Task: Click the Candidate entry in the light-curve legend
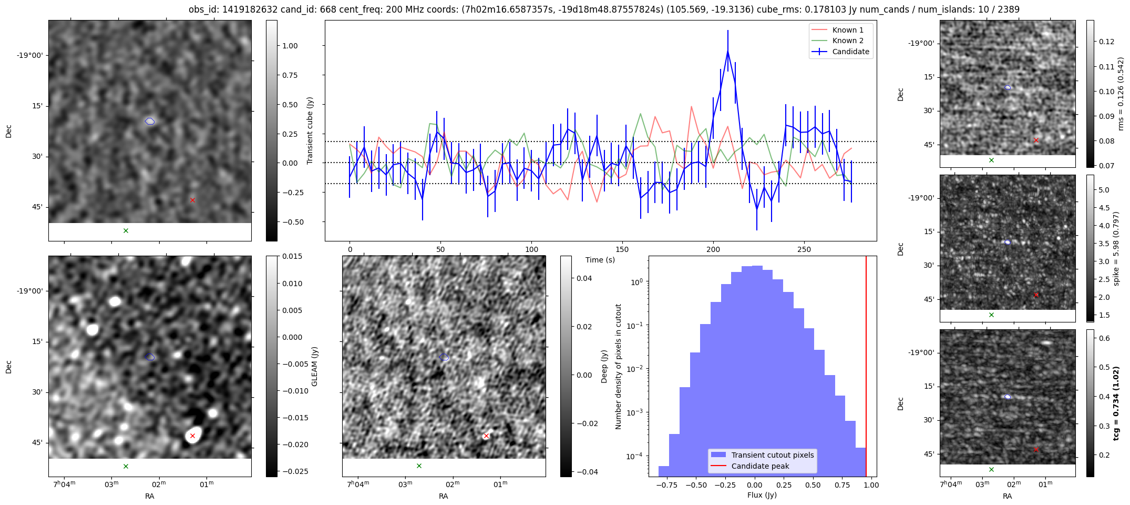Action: tap(850, 52)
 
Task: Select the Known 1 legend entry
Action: tap(847, 30)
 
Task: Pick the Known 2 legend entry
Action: tap(847, 41)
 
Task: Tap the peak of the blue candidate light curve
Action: tap(728, 50)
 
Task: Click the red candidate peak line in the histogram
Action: tap(866, 368)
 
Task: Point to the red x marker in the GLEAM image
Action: tap(192, 436)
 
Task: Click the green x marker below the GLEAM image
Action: tap(126, 466)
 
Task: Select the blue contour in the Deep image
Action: tap(444, 357)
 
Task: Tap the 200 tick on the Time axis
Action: tap(713, 249)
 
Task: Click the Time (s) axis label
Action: tap(600, 260)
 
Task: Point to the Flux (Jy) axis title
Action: tap(762, 495)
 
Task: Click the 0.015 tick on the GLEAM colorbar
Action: tap(292, 256)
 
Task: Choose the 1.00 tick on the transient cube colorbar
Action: tap(290, 46)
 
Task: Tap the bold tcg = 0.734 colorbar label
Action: tap(1116, 403)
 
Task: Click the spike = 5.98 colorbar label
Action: tap(1116, 248)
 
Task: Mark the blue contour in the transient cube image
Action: tap(150, 122)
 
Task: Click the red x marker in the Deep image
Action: tap(486, 436)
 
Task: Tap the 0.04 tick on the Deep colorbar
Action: tap(584, 278)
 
